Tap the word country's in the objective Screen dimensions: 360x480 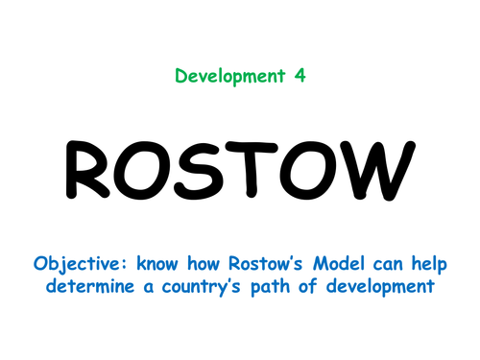click(x=209, y=286)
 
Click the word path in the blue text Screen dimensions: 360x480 click(x=282, y=286)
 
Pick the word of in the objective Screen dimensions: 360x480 click(x=322, y=286)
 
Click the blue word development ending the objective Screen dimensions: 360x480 click(x=390, y=286)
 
